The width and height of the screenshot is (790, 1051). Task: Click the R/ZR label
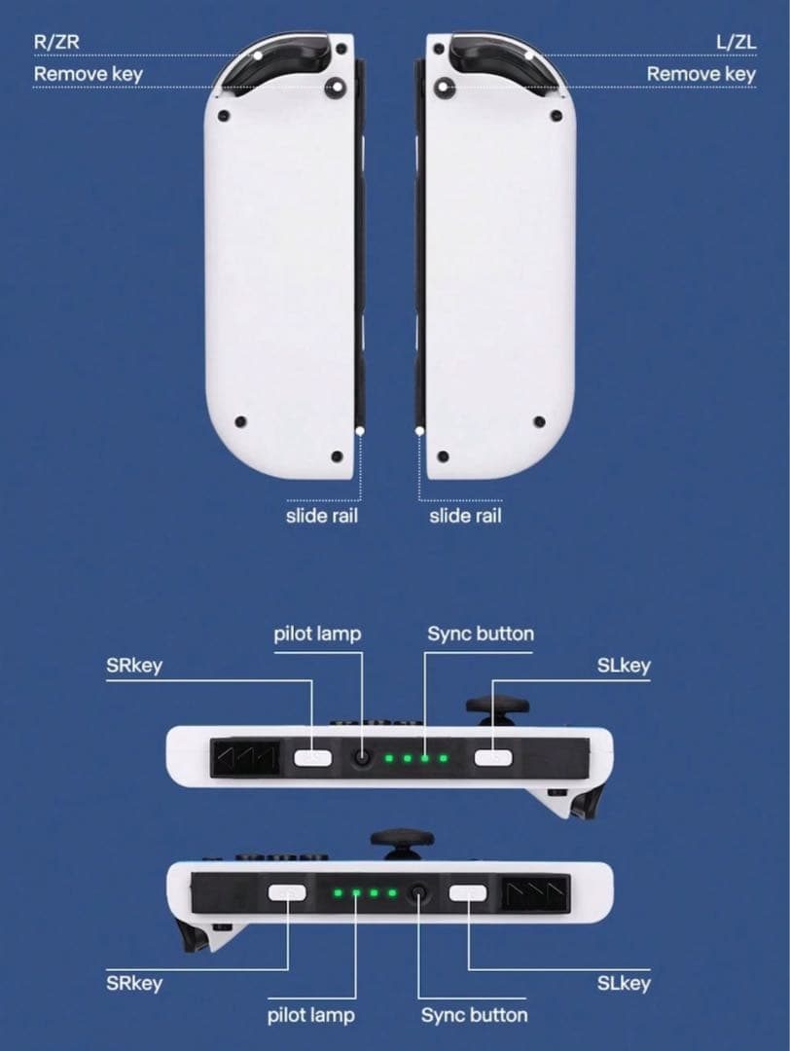(x=56, y=42)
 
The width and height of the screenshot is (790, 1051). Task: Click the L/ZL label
(x=736, y=42)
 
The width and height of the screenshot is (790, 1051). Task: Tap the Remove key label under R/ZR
(x=89, y=74)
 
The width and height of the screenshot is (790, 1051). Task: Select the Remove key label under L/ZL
(x=700, y=74)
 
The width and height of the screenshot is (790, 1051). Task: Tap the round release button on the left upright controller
(x=335, y=88)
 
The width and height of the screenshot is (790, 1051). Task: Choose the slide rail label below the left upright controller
(x=322, y=516)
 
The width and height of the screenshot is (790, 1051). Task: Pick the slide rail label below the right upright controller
(x=465, y=516)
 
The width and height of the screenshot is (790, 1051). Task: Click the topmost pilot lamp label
(x=317, y=634)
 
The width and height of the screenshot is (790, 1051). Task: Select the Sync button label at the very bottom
(x=474, y=1015)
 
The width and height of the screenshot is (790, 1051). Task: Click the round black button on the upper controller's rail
(x=363, y=758)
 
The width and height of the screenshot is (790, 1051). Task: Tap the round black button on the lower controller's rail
(x=418, y=892)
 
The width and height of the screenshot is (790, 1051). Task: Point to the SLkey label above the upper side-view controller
(x=624, y=666)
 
